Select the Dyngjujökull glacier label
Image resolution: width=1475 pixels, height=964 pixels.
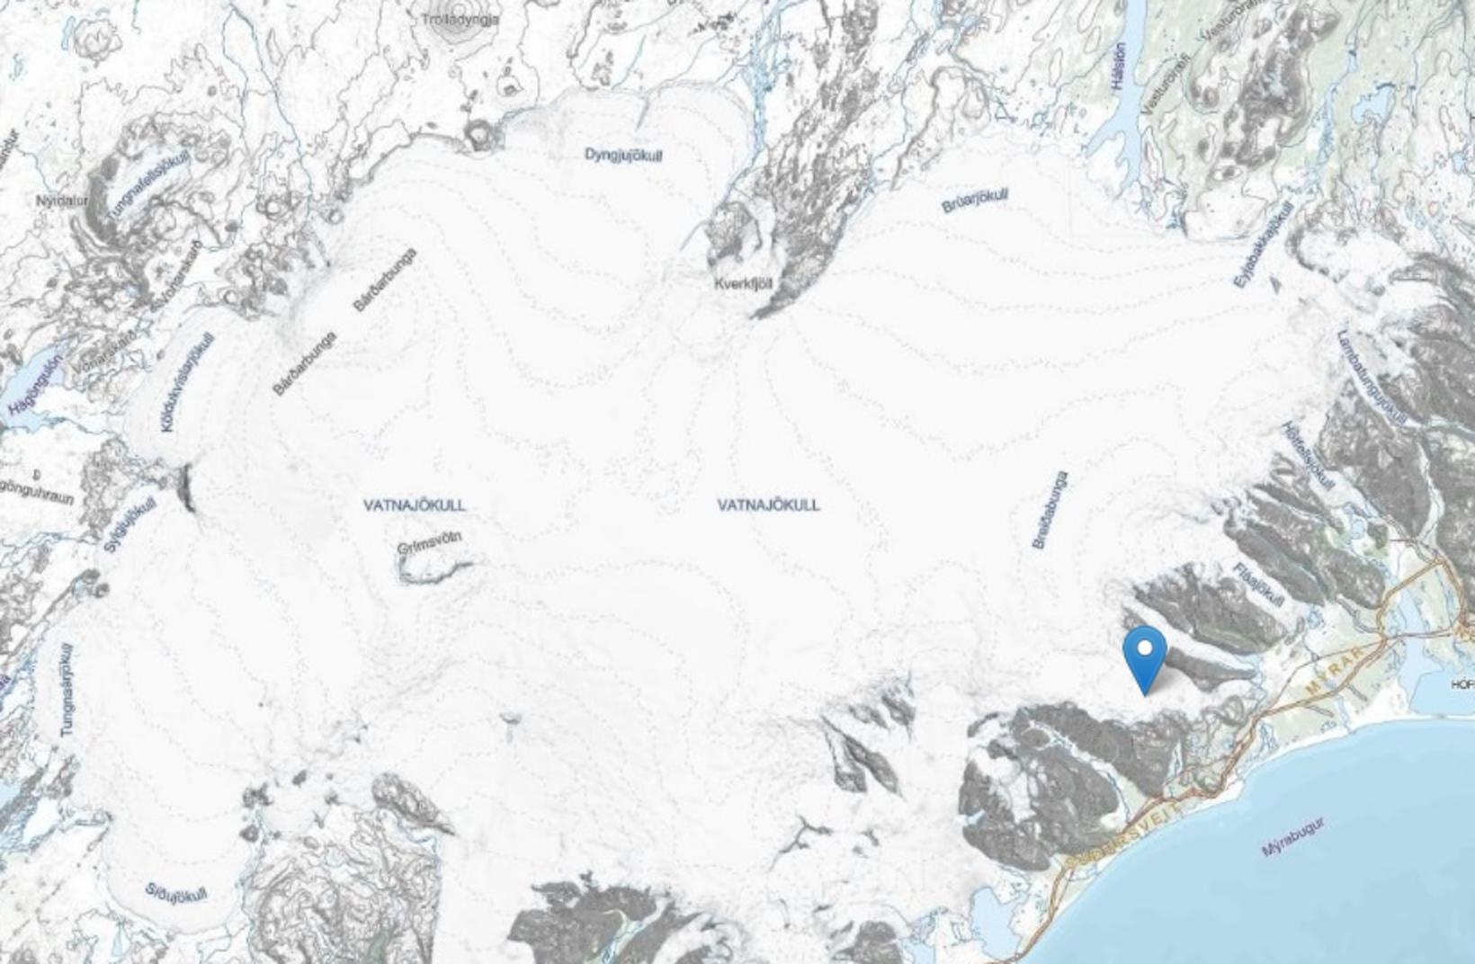623,156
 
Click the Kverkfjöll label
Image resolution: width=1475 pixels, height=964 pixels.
743,284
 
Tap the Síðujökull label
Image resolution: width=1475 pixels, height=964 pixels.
176,893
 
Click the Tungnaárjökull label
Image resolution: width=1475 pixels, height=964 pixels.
68,691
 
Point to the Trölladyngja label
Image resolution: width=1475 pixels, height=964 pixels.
459,19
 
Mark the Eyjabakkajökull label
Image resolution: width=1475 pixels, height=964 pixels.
1263,245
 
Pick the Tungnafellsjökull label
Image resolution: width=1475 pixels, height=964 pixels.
149,185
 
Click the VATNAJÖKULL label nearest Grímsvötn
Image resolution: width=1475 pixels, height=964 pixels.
415,505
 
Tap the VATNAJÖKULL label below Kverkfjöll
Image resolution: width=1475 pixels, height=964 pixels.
768,505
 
